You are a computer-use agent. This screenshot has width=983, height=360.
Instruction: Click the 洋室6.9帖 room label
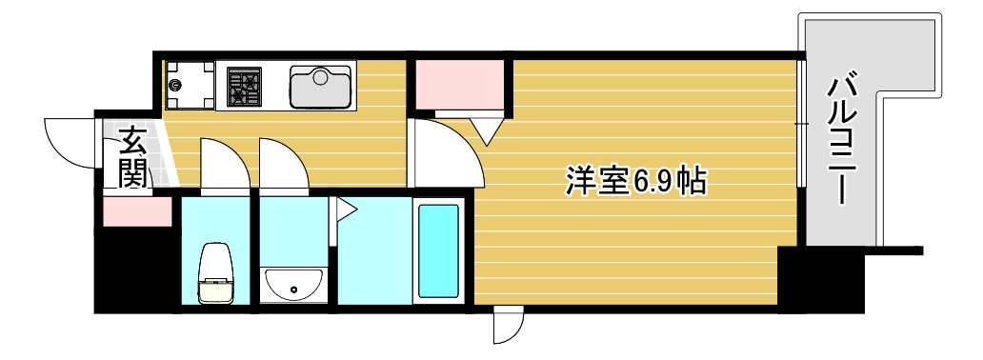pyautogui.click(x=635, y=180)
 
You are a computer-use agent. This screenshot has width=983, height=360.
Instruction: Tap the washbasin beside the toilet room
pyautogui.click(x=294, y=283)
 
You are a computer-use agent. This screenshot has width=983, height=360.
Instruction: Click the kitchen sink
pyautogui.click(x=321, y=87)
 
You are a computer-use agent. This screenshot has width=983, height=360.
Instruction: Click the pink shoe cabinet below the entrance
pyautogui.click(x=135, y=211)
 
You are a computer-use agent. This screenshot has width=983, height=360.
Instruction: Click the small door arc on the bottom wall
pyautogui.click(x=508, y=326)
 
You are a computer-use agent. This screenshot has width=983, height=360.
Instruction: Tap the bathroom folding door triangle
pyautogui.click(x=342, y=209)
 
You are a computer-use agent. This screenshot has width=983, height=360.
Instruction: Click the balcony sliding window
pyautogui.click(x=802, y=125)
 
